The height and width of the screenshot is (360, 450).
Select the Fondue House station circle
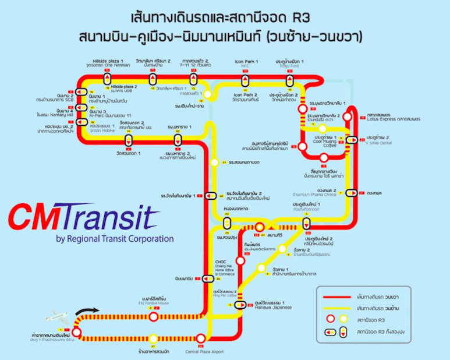pyautogui.click(x=153, y=316)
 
